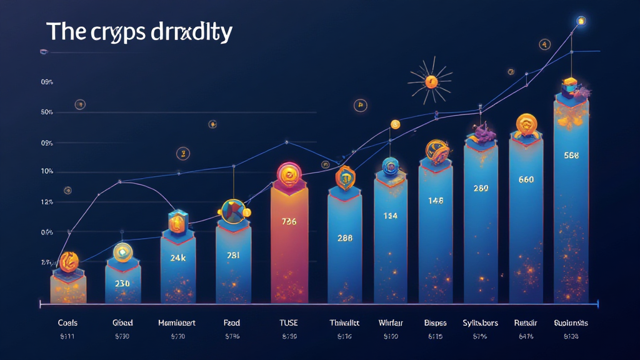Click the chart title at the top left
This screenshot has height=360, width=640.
(139, 32)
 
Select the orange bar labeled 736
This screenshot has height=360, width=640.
(289, 250)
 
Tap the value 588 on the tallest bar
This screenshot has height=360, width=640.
(571, 156)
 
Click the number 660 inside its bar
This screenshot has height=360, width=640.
(526, 179)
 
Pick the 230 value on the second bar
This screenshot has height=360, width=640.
(122, 282)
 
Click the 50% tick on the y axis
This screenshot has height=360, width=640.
(47, 112)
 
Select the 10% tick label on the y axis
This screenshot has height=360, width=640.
(47, 172)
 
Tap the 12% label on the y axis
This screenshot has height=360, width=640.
(47, 202)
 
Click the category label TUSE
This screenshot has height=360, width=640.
(289, 323)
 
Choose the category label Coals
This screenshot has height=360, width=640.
(67, 323)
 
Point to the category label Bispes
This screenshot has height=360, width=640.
(435, 323)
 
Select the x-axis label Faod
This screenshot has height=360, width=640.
(232, 323)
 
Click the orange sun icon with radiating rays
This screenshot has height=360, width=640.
(430, 81)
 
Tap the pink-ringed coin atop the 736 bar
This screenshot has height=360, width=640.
(289, 175)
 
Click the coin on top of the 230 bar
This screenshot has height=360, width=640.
(122, 252)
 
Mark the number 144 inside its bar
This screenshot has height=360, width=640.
(390, 216)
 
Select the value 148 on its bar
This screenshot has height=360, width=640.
(436, 201)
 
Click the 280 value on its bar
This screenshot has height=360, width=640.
(481, 188)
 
